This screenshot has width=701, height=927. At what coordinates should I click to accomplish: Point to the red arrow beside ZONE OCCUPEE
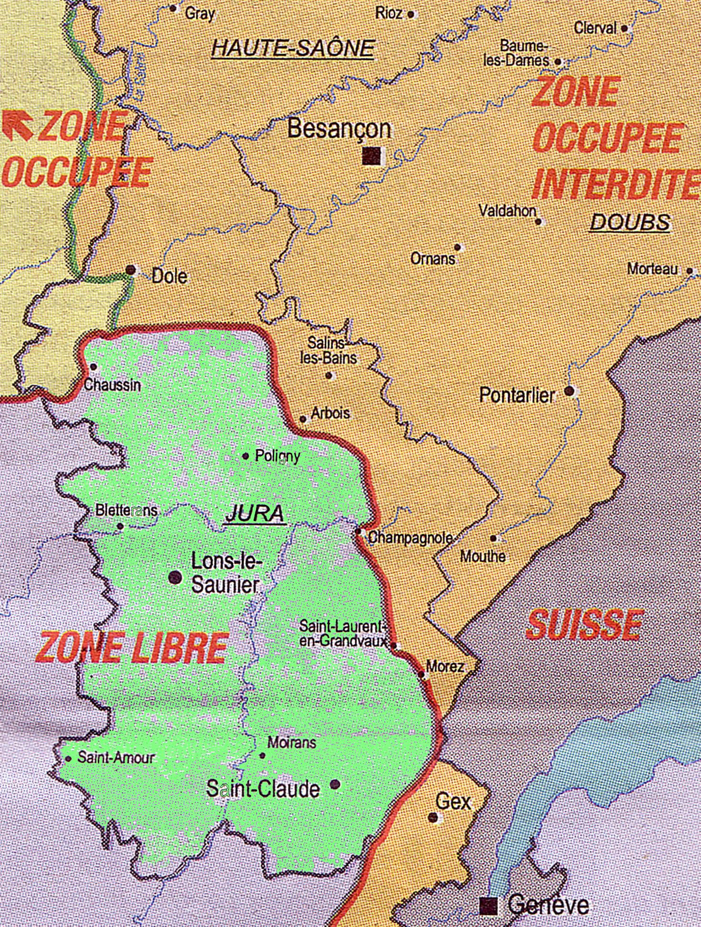coord(18,125)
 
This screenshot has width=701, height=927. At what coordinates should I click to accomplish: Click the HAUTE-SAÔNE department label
coord(293,48)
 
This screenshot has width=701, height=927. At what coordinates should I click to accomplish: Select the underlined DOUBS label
coord(630,222)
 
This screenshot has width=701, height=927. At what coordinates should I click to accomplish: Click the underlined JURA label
coord(255,514)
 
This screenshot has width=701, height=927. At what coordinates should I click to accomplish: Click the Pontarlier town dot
coord(569,391)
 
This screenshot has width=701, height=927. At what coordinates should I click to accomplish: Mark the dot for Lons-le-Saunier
coord(175,578)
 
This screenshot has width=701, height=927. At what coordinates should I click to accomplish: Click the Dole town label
coord(169,276)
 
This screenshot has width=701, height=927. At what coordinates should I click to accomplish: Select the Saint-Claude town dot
coord(336,784)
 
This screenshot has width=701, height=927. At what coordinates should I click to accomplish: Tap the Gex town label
coord(453,802)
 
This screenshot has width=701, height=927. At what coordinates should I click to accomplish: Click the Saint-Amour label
coord(116,758)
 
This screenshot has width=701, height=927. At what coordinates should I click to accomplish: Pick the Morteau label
coord(652,269)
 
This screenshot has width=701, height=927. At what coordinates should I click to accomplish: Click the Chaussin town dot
coord(94,367)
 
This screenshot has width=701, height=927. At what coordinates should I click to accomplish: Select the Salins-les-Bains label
coord(328,350)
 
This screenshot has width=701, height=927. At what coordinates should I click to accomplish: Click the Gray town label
coord(200,13)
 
